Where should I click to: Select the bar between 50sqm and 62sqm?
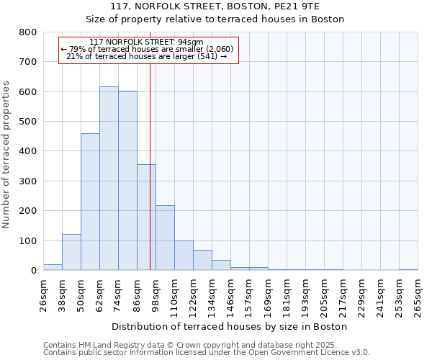(x=90, y=202)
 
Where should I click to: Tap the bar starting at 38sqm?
(x=71, y=252)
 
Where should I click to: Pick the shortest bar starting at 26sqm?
(x=53, y=267)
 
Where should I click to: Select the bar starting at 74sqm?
(x=127, y=181)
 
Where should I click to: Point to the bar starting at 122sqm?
(x=202, y=260)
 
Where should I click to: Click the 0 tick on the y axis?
(x=33, y=271)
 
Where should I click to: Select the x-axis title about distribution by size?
(x=230, y=326)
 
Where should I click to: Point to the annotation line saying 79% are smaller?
(x=148, y=50)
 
